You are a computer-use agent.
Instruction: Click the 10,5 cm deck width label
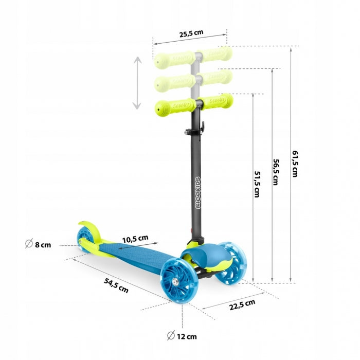(x=135, y=238)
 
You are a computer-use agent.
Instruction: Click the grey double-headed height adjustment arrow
(x=137, y=83)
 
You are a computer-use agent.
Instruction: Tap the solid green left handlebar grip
(x=173, y=106)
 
